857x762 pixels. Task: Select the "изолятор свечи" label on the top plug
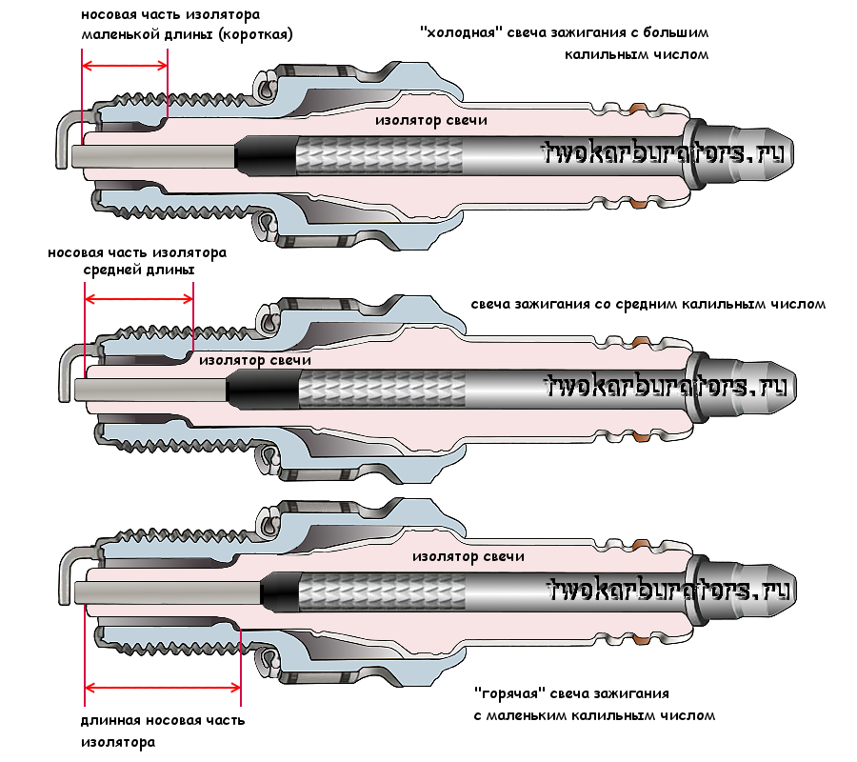click(430, 121)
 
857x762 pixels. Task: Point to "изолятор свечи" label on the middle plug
click(255, 361)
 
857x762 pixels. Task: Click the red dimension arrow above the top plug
click(125, 66)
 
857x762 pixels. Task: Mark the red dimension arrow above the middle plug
click(139, 297)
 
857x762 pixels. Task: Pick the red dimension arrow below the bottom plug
click(162, 687)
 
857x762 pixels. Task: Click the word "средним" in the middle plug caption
click(605, 305)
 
